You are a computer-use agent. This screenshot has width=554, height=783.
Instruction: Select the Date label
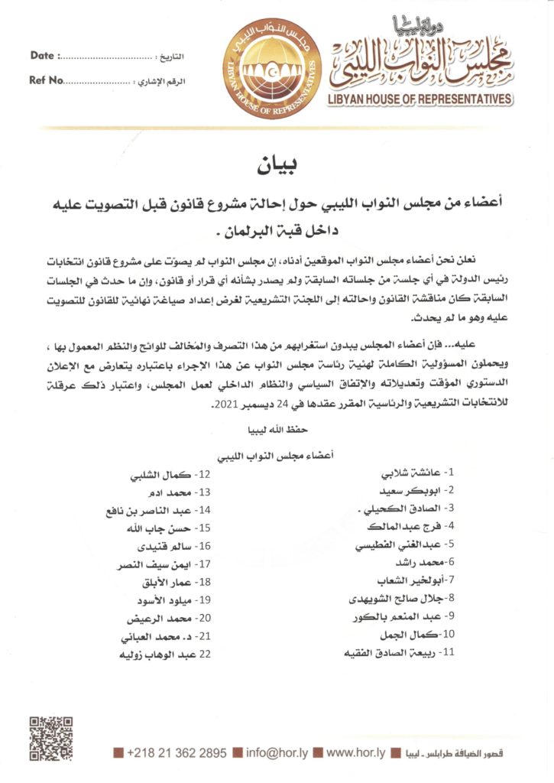click(42, 56)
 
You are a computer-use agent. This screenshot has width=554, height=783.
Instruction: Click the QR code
click(51, 737)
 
